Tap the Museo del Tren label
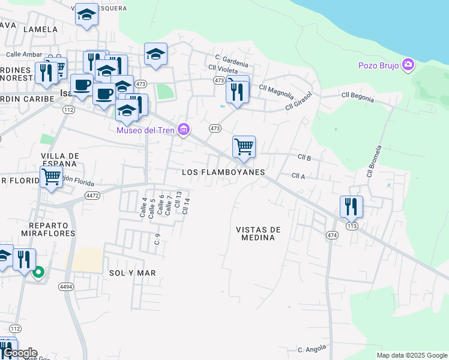click(145, 130)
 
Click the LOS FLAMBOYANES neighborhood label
click(223, 172)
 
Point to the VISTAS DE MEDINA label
click(259, 233)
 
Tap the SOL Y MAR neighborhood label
click(133, 273)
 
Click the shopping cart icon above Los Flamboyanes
click(244, 146)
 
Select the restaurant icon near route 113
click(351, 206)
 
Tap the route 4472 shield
click(92, 196)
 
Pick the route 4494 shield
click(66, 287)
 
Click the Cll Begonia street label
click(357, 95)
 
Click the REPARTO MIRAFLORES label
click(48, 228)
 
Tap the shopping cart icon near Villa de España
click(51, 177)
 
